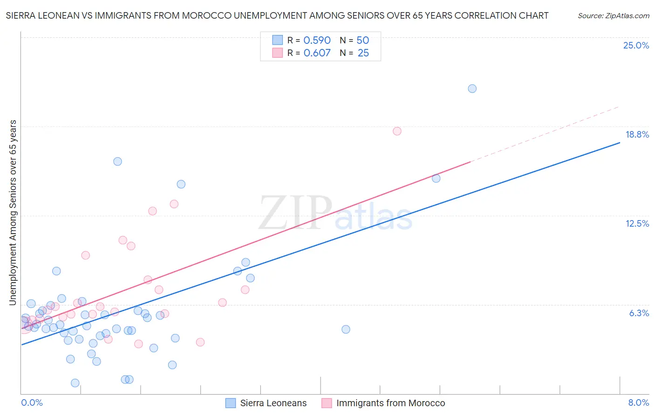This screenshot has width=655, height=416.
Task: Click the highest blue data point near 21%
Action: pos(472,89)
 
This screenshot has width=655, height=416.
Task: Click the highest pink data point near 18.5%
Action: pos(397,131)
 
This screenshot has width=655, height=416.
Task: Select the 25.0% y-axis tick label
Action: pos(636,45)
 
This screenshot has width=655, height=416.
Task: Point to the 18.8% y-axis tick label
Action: pos(637,134)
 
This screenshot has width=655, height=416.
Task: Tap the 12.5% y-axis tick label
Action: pos(637,223)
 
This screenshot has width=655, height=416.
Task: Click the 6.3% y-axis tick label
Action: pos(639,313)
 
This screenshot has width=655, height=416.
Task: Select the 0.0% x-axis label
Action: pos(32,402)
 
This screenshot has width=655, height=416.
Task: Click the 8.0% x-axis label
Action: pos(638,402)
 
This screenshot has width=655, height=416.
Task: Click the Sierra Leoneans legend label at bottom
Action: pos(273,403)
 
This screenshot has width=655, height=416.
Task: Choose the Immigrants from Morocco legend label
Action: pos(390,403)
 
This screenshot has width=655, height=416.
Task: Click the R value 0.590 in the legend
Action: pos(317,40)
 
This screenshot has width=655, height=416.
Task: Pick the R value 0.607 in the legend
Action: pos(317,53)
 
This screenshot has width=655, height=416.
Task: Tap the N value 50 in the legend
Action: pos(362,40)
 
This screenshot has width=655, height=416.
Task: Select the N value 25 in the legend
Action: pos(363,53)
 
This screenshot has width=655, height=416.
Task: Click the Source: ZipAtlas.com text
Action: pos(613,15)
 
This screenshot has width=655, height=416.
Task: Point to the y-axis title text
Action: pos(13,213)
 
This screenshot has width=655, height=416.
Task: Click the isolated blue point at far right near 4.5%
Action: pos(346,329)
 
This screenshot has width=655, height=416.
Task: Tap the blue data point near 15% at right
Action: pos(436,178)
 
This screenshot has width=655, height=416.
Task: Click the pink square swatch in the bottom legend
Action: pos(327,403)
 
